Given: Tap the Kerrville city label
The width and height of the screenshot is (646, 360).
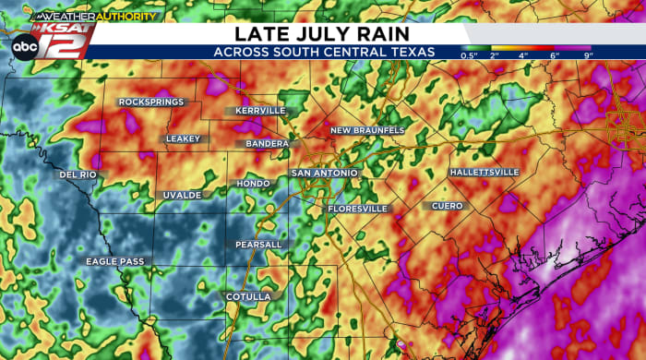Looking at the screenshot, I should tap(261, 111).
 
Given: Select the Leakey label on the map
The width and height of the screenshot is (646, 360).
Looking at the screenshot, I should tap(182, 138).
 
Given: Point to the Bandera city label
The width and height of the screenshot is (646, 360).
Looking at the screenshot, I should tap(268, 144).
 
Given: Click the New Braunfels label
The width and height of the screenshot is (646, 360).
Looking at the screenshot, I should tap(367, 130).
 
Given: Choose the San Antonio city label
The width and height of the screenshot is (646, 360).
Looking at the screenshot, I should tap(325, 173).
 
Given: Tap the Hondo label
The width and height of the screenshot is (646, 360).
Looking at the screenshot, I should tap(253, 184).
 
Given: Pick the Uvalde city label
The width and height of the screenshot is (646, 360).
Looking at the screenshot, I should tap(182, 195).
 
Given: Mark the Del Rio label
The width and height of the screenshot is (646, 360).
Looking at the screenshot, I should tap(78, 174).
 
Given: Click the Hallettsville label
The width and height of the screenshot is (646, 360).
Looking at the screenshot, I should tap(484, 173).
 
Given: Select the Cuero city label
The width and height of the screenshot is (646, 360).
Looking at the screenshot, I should tap(447, 206).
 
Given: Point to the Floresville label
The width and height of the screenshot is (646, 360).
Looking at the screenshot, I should tap(358, 209).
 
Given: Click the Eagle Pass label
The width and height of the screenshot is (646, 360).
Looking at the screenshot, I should tap(115, 261).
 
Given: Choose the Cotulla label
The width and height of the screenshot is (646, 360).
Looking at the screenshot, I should tap(248, 296).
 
